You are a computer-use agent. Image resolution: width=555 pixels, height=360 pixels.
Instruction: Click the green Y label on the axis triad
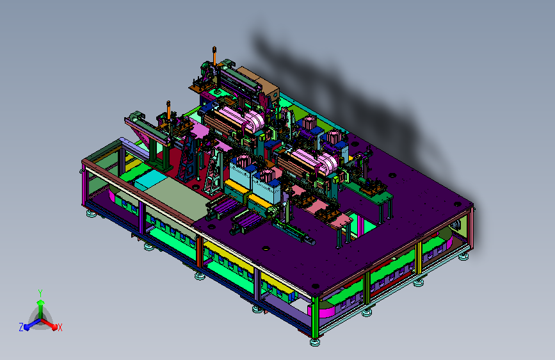pyautogui.click(x=40, y=293)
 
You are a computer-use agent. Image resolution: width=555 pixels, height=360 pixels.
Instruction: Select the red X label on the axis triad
pyautogui.click(x=60, y=327)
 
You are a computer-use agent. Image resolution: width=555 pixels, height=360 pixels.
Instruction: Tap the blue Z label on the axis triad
pyautogui.click(x=21, y=327)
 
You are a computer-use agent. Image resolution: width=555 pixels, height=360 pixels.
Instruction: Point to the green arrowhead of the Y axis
pyautogui.click(x=41, y=302)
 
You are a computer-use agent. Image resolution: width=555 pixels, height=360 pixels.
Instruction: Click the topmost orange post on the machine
pyautogui.click(x=214, y=56)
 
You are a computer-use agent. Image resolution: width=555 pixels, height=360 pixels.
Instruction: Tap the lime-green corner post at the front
pyautogui.click(x=315, y=317)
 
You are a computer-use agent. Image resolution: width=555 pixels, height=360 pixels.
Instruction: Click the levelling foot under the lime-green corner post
pyautogui.click(x=314, y=342)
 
